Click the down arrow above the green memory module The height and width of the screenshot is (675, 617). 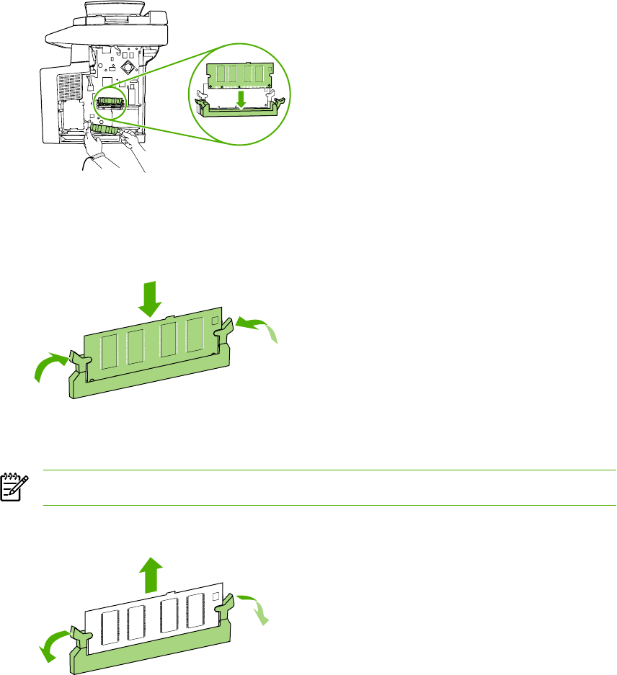[x=149, y=298]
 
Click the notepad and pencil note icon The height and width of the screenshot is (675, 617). [x=12, y=486]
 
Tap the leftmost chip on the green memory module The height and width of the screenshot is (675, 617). [x=110, y=350]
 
